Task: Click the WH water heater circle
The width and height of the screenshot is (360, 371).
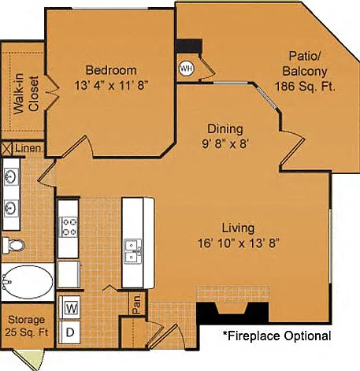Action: (x=187, y=69)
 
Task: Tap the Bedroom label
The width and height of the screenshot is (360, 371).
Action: (x=111, y=70)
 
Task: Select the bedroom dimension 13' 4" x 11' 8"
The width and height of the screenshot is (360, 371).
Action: (x=112, y=85)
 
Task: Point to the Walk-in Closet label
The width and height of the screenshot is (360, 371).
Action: (x=27, y=94)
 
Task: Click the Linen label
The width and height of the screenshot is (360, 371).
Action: (x=28, y=148)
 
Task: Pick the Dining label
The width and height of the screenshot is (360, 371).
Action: (x=225, y=129)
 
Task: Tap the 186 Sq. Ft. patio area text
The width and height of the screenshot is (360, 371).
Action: (x=305, y=87)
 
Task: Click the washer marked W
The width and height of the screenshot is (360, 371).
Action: (x=70, y=307)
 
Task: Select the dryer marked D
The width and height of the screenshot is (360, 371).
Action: (x=70, y=332)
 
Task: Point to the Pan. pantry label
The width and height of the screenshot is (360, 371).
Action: (x=137, y=303)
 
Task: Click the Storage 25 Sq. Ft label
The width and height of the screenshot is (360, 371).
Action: (x=27, y=326)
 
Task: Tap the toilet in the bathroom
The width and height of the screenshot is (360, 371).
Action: (x=13, y=245)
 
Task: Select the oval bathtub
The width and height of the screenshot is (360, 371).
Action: (x=28, y=282)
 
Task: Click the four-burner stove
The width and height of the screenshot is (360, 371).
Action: (x=69, y=228)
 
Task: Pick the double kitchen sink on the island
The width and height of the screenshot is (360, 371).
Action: (x=133, y=251)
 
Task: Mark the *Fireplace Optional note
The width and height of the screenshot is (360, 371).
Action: (x=276, y=336)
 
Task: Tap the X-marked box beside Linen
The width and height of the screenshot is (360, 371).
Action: (x=7, y=149)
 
